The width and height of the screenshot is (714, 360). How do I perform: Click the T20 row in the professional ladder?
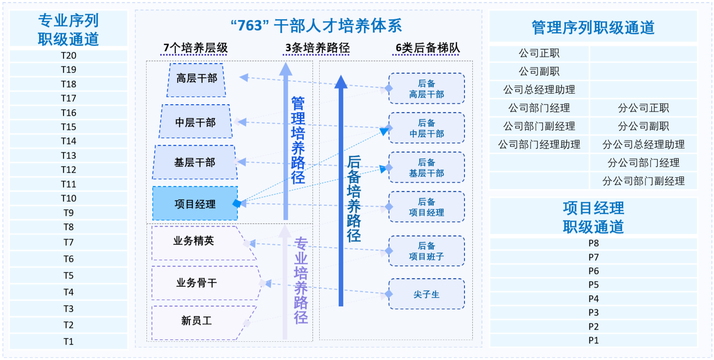[x=68, y=56]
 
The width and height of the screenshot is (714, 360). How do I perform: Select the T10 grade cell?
[x=68, y=198]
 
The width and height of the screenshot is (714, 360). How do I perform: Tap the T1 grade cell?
[x=68, y=341]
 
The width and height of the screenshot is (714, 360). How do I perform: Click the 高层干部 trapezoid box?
[x=196, y=78]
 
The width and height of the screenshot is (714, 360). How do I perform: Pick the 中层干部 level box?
[x=196, y=122]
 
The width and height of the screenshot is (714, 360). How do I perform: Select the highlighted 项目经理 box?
[x=195, y=204]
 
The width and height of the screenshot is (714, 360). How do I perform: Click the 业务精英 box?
[x=194, y=241]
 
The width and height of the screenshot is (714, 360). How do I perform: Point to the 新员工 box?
[x=196, y=321]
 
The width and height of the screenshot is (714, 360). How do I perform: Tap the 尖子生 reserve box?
[x=426, y=294]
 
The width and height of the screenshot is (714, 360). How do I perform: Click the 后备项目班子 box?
[x=426, y=251]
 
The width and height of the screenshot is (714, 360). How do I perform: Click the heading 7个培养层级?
[x=196, y=48]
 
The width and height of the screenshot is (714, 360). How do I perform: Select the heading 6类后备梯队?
[x=428, y=48]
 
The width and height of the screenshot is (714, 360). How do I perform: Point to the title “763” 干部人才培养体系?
[x=316, y=26]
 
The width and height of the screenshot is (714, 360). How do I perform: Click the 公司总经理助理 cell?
[x=539, y=90]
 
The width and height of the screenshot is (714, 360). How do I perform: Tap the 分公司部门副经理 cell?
[x=643, y=181]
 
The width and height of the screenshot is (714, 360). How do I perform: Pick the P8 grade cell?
[x=594, y=243]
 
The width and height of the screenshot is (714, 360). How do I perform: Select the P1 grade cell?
[x=594, y=340]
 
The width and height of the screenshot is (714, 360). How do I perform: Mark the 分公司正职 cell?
[x=643, y=108]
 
